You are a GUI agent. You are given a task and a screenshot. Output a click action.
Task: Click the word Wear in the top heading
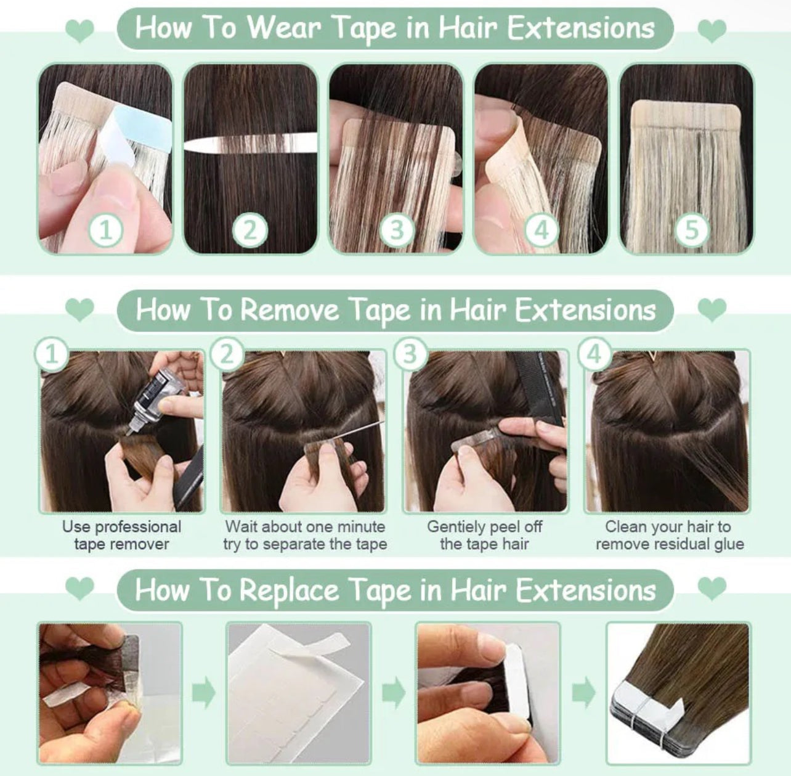tap(285, 28)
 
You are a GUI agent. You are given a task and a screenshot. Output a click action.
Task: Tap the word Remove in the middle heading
tap(290, 310)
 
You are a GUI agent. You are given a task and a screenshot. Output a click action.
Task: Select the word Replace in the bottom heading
tap(290, 590)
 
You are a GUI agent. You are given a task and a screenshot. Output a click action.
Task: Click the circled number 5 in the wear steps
tap(692, 230)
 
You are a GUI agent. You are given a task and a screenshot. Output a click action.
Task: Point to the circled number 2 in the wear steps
tap(250, 230)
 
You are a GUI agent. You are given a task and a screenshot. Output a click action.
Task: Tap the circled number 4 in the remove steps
tap(594, 354)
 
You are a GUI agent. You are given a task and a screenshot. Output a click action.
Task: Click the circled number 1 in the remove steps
tap(52, 354)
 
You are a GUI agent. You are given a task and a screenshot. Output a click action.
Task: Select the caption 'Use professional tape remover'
tap(121, 535)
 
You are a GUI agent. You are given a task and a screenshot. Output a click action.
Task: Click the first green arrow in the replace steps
tap(203, 693)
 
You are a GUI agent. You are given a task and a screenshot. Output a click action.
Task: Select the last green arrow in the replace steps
tap(584, 693)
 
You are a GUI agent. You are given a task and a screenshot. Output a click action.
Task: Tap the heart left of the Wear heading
tap(79, 30)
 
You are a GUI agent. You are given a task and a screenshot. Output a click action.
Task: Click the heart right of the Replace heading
tap(712, 588)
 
